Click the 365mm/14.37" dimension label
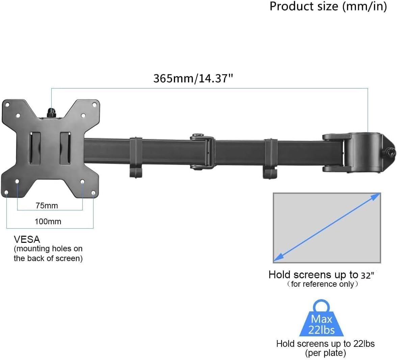point(193,78)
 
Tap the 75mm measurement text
point(47,206)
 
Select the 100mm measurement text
point(48,222)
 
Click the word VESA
point(27,239)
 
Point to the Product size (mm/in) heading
point(328,6)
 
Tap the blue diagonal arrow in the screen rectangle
point(327,227)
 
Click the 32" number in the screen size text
point(367,275)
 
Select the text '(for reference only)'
point(322,284)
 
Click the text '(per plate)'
point(325,353)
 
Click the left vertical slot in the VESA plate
point(35,148)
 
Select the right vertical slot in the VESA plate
point(65,148)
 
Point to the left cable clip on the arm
point(136,157)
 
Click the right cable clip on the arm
point(270,157)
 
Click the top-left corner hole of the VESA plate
point(7,105)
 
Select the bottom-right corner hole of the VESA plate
point(93,193)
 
